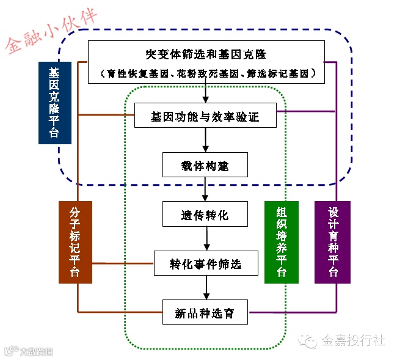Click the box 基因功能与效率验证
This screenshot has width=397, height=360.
click(x=205, y=116)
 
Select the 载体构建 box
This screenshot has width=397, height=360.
click(x=205, y=165)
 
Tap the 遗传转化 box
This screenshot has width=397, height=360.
click(x=205, y=215)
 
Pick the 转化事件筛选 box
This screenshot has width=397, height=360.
click(x=205, y=263)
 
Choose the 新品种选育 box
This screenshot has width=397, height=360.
click(x=205, y=313)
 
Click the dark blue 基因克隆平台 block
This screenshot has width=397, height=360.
click(x=54, y=102)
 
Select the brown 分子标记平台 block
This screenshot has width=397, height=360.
click(x=75, y=242)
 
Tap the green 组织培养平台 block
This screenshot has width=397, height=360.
click(x=282, y=242)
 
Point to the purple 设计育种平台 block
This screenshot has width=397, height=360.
click(x=332, y=242)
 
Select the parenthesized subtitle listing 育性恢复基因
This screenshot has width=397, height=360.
click(x=205, y=73)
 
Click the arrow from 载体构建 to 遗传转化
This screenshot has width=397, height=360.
click(x=205, y=190)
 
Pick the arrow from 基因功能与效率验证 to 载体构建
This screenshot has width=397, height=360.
click(x=205, y=141)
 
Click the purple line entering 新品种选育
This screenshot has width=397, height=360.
click(x=287, y=313)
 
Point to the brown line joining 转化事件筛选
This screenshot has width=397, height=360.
click(x=122, y=263)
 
